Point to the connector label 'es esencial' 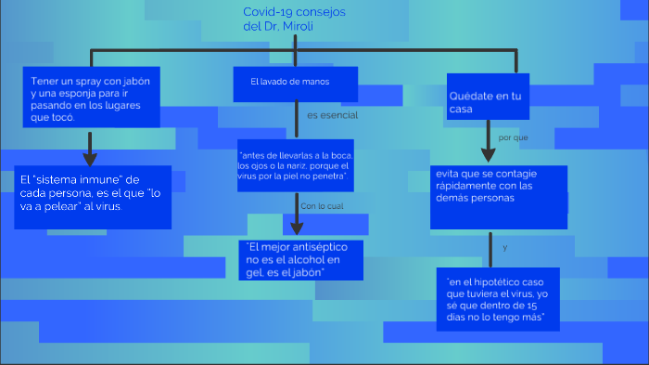coord(331,116)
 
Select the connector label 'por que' coord(513,137)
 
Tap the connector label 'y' coord(504,248)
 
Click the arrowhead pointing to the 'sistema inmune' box coord(90,159)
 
